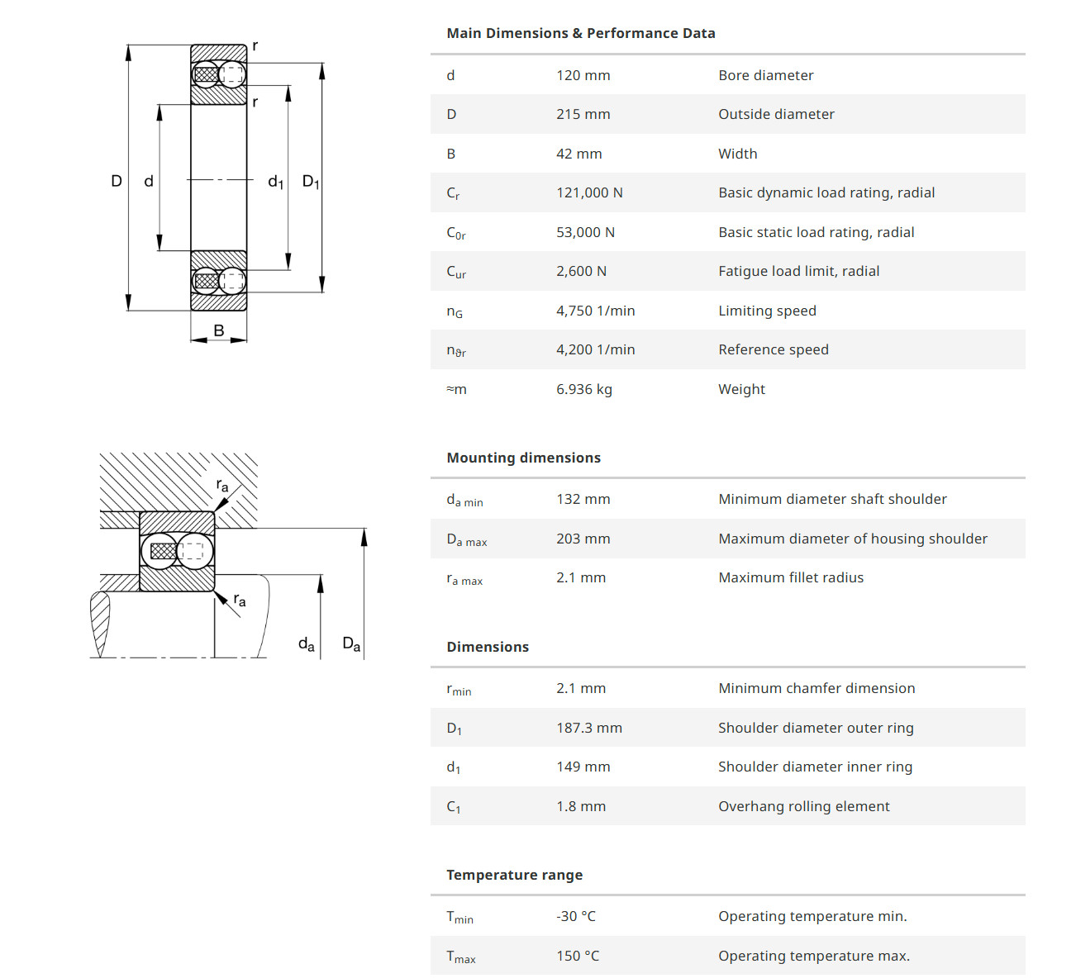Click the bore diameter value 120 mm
(x=583, y=75)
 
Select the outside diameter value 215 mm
(x=583, y=114)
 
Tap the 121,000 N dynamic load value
(x=589, y=192)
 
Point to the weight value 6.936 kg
(x=583, y=389)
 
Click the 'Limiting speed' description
(x=767, y=311)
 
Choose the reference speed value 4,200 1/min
(x=595, y=349)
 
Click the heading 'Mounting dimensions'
(x=523, y=458)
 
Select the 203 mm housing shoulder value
(x=583, y=539)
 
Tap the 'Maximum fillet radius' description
(x=790, y=577)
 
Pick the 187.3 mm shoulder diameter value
(x=588, y=728)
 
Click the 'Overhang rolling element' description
(x=803, y=806)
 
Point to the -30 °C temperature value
(x=575, y=916)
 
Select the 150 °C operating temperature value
(x=577, y=956)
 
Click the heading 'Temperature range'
(x=514, y=875)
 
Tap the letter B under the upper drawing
(x=219, y=330)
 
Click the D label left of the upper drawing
(x=117, y=181)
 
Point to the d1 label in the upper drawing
(x=275, y=182)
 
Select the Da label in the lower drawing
(x=351, y=643)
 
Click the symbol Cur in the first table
(x=456, y=272)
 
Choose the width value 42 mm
(x=578, y=154)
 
